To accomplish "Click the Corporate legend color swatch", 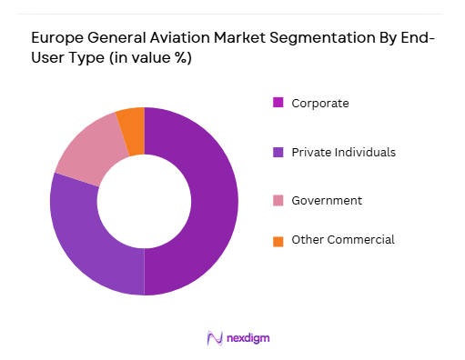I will tap(278, 103).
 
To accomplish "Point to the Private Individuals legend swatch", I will tap(278, 152).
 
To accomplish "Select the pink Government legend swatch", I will tap(278, 200).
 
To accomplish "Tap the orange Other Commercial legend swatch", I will tap(278, 240).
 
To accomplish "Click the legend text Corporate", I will tap(320, 103).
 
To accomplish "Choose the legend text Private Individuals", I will tap(343, 152).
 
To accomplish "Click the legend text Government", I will tap(327, 200).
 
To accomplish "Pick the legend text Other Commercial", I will tap(342, 240).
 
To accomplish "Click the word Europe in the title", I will tap(56, 40).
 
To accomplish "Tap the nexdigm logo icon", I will tap(216, 338).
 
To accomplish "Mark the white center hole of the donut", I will tap(144, 201).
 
